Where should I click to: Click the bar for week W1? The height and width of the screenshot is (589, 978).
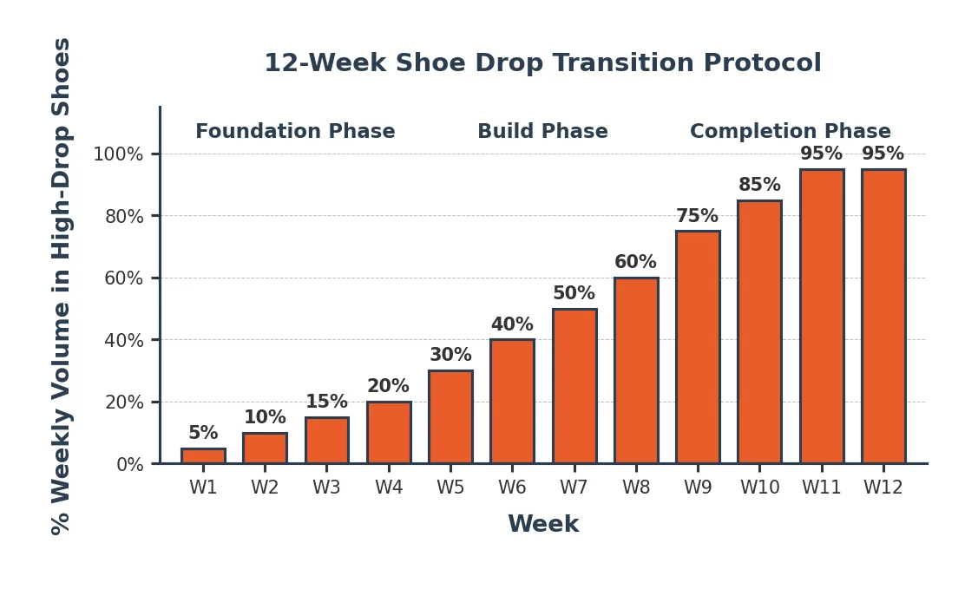click(x=203, y=455)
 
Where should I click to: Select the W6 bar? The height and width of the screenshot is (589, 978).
click(x=512, y=402)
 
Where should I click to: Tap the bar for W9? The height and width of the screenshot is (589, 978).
click(x=698, y=347)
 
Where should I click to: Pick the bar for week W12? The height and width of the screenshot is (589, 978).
click(x=883, y=317)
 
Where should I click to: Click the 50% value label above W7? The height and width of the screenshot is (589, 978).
click(x=574, y=294)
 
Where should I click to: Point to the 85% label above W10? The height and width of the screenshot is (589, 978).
click(x=759, y=186)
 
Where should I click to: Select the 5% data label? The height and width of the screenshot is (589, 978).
click(x=203, y=434)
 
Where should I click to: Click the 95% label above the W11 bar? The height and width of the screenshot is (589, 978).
click(x=821, y=154)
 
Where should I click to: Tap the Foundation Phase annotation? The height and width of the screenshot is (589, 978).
click(x=295, y=132)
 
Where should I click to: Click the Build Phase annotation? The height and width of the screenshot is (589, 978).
click(x=542, y=132)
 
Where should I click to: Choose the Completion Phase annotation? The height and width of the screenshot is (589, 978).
click(x=790, y=132)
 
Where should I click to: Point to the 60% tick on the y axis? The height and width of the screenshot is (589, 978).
click(x=123, y=278)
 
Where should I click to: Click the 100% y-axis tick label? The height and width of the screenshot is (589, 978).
click(x=118, y=154)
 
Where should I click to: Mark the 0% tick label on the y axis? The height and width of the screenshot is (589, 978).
click(x=129, y=465)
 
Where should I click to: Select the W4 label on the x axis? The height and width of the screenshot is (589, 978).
click(x=389, y=488)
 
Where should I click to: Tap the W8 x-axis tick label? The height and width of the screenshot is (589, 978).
click(x=636, y=488)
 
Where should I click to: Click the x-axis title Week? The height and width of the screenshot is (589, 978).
click(x=543, y=525)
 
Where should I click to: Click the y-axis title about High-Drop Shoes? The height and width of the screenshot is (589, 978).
click(x=62, y=286)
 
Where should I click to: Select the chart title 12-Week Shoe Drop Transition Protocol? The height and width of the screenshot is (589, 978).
click(x=542, y=63)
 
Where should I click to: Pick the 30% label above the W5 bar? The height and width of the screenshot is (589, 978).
click(x=450, y=356)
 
